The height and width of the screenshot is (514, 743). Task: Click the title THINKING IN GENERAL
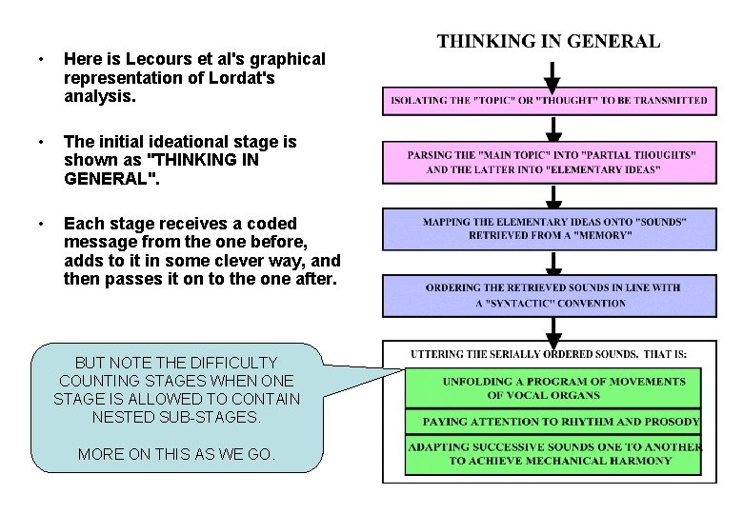[548, 41]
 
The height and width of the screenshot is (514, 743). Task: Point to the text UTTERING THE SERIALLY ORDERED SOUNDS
[548, 354]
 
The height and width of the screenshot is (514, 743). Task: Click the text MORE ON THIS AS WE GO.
[177, 454]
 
